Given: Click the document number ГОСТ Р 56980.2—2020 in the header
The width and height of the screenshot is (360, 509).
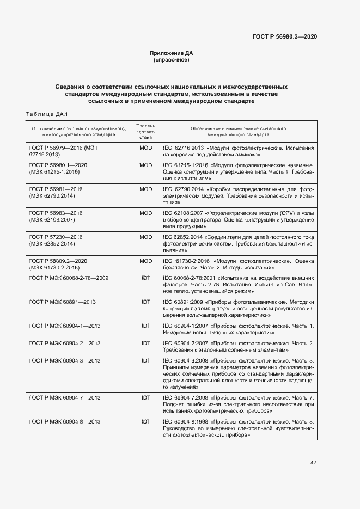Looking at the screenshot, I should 285,36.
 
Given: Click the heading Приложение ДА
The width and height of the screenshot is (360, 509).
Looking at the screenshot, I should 172,53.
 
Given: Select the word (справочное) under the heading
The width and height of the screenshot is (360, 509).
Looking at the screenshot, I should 172,60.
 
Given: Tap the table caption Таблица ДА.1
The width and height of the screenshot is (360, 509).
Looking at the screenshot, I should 46,114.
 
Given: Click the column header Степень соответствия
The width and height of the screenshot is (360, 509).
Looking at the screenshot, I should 145,131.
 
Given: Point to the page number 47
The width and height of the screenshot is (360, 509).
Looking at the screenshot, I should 314,462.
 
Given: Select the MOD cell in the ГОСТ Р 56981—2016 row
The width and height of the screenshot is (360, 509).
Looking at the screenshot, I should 145,189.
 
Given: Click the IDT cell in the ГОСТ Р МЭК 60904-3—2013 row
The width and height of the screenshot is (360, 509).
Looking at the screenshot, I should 145,360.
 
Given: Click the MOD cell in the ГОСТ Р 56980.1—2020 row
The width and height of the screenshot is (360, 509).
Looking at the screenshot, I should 145,165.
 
